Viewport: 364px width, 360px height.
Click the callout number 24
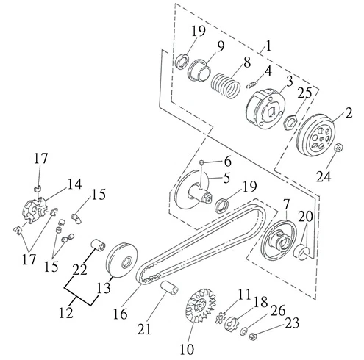pos(324,176)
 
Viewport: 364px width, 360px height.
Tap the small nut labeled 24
pos(339,148)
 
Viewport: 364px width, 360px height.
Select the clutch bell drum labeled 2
pos(316,134)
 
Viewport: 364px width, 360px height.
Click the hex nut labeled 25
pos(291,120)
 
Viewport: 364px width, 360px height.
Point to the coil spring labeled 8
pos(226,86)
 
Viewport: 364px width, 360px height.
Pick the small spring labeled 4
pos(252,84)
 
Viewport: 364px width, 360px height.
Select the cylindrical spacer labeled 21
pos(169,288)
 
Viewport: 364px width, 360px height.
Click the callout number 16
pos(120,314)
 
